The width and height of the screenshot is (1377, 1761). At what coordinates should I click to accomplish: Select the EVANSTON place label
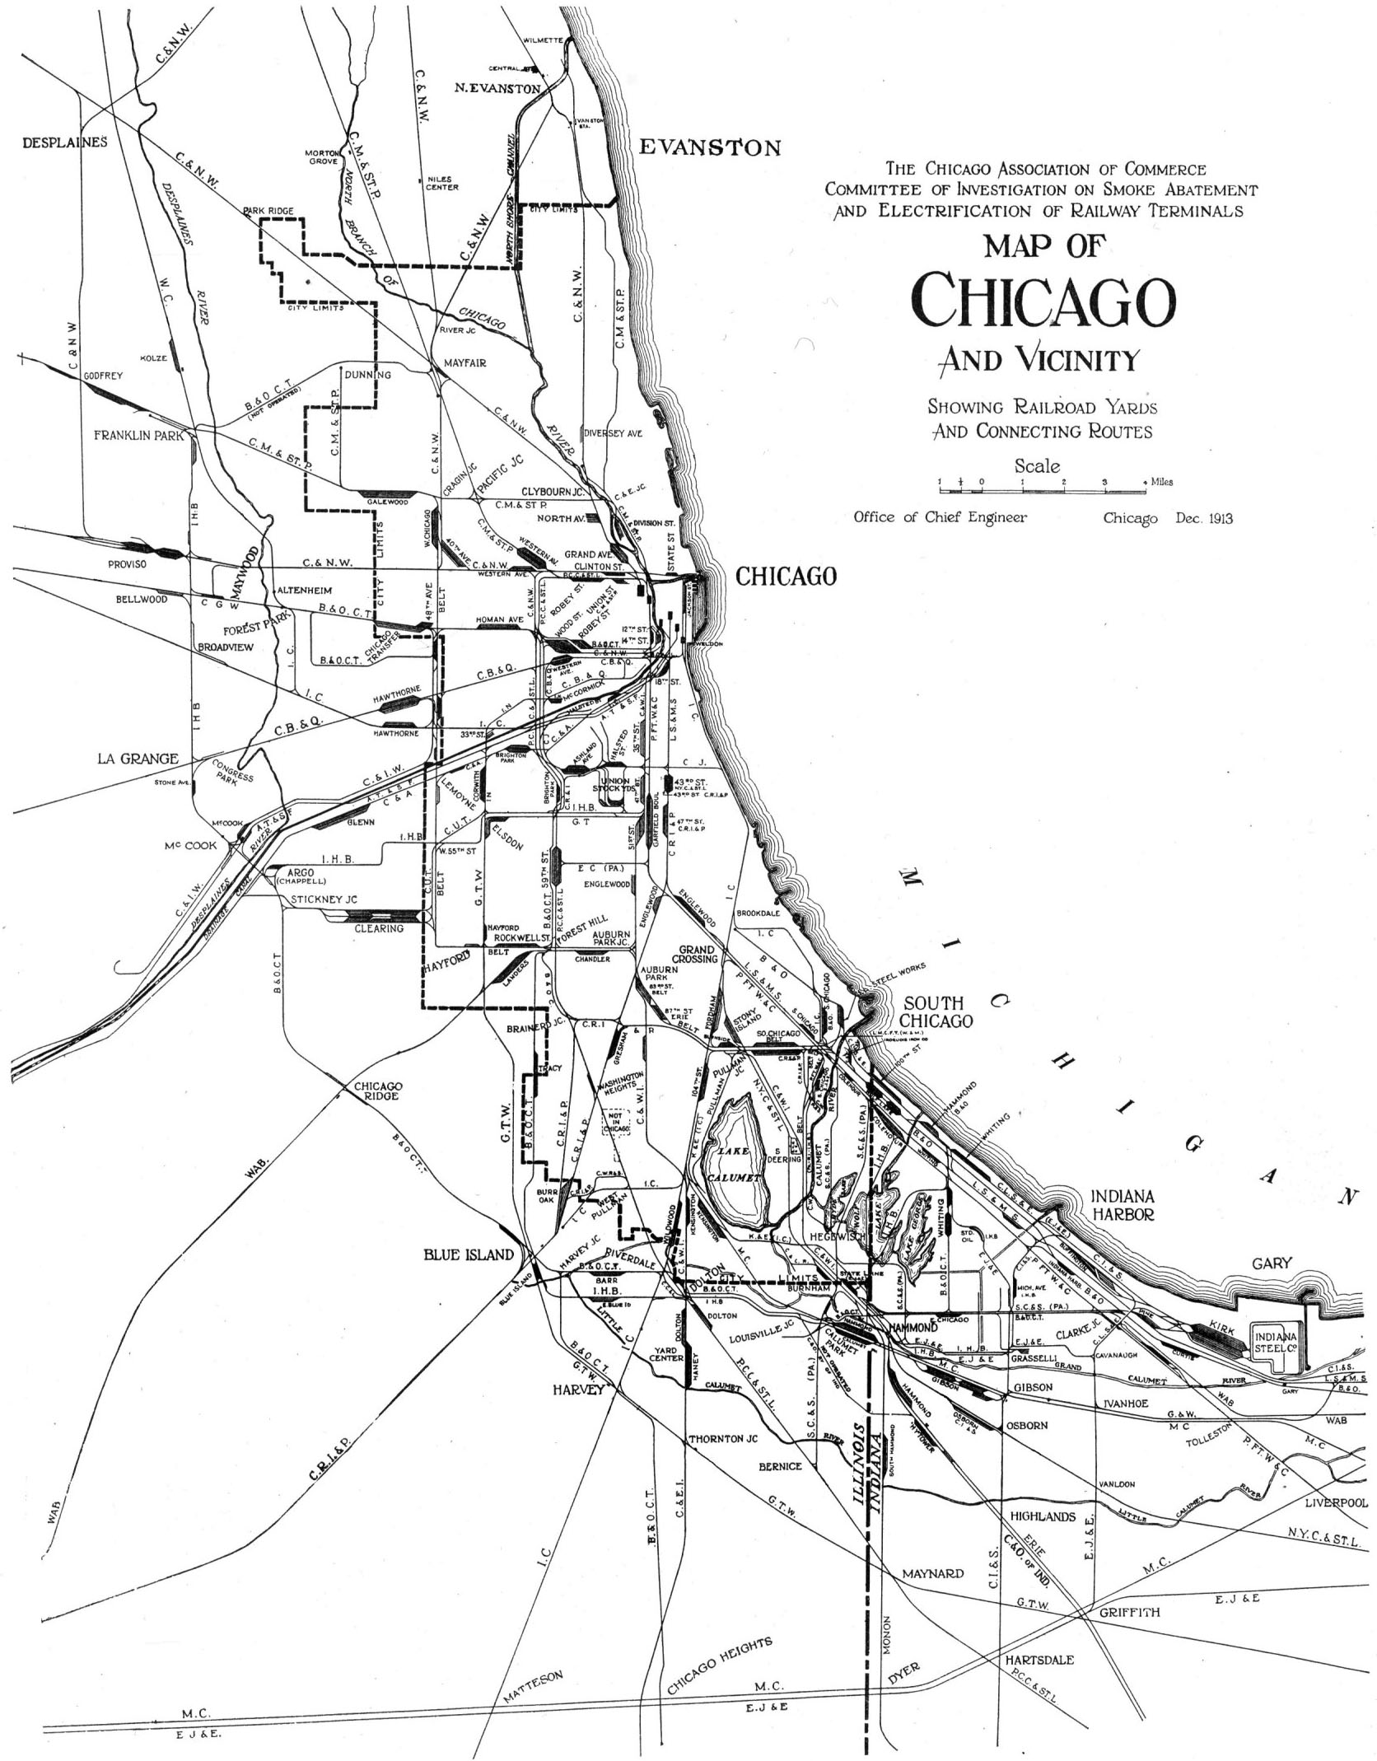(x=710, y=148)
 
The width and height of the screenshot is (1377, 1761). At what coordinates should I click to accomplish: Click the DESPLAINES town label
(x=64, y=142)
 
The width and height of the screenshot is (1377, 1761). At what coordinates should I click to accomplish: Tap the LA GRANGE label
(x=138, y=759)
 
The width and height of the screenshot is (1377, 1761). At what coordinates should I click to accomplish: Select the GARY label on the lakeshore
(x=1272, y=1264)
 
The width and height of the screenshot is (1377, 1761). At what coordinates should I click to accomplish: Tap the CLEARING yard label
(x=379, y=928)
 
